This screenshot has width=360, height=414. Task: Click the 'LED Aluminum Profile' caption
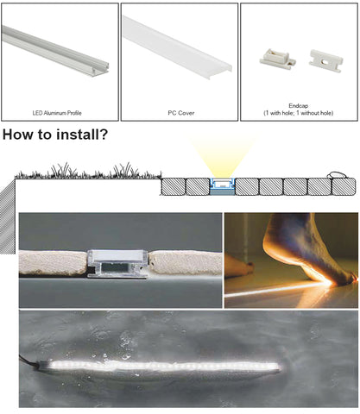[57, 113]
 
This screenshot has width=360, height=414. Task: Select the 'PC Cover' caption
[181, 113]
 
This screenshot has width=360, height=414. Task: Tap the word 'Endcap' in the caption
[299, 106]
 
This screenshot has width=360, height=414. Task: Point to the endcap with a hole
[326, 60]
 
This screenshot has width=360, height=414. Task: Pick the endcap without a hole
[278, 60]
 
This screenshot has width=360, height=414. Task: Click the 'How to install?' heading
[55, 135]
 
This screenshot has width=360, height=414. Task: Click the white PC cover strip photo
[177, 44]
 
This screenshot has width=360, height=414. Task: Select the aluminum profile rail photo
[55, 52]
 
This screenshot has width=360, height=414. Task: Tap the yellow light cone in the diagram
[222, 158]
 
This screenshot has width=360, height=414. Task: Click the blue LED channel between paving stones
[223, 186]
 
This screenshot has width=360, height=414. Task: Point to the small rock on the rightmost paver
[336, 175]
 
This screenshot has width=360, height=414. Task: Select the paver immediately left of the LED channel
[198, 186]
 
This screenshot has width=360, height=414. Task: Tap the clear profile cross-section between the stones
[117, 264]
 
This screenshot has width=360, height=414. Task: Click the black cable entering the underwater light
[28, 361]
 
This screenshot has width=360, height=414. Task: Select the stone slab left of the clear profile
[54, 263]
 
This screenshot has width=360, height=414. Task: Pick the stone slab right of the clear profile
[186, 262]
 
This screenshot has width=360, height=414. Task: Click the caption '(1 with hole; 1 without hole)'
[299, 113]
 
